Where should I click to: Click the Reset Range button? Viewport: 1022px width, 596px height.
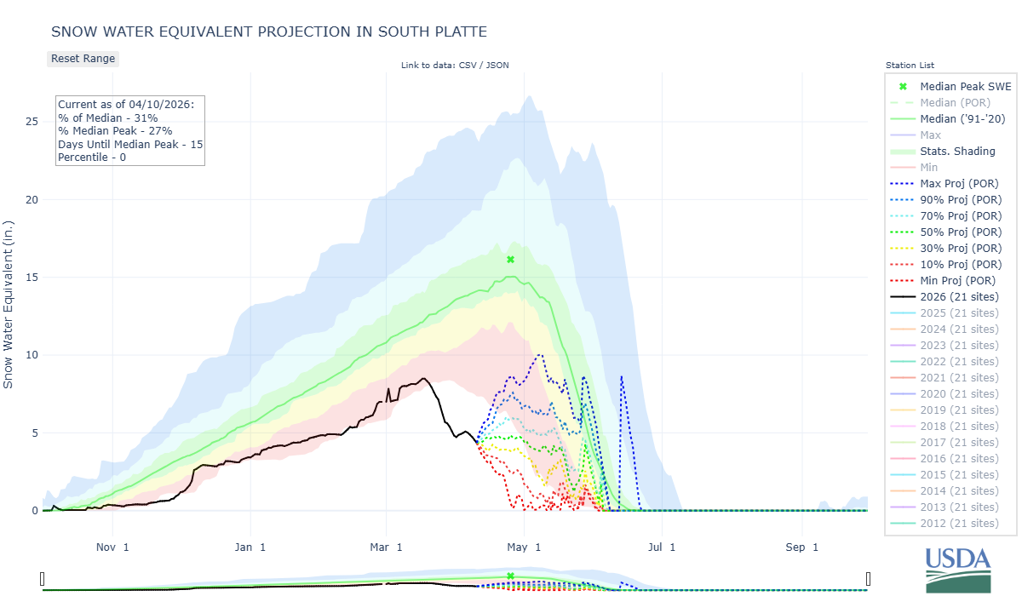83,59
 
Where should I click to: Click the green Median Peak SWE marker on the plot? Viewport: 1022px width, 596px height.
510,260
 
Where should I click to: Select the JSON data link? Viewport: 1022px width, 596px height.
497,65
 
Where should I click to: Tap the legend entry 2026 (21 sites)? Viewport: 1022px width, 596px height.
959,296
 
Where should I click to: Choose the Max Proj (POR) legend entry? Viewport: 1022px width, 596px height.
959,183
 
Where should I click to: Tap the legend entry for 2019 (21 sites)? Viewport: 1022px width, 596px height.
959,410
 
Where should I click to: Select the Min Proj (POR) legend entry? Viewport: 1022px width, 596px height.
959,280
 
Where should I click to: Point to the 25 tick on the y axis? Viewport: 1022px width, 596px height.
32,122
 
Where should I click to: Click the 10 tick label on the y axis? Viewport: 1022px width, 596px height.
32,355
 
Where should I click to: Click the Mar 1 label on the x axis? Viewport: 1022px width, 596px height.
387,547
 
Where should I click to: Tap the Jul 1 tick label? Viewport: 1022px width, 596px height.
661,547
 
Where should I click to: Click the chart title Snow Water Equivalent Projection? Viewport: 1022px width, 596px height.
269,32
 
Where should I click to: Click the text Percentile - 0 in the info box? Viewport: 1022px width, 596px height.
92,158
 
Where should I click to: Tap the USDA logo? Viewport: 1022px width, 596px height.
958,569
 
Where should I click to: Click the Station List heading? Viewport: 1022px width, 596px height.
910,65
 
